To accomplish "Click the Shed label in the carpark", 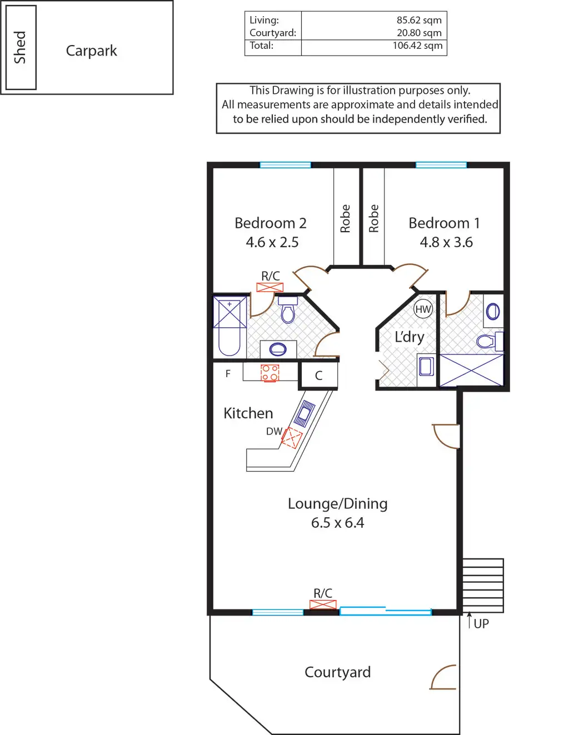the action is point(20,48).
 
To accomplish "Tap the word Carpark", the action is point(91,51).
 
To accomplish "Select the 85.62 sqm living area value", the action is point(419,20).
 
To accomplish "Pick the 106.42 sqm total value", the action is point(417,46).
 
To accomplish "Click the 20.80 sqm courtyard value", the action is point(419,33).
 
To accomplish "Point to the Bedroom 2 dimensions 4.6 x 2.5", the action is point(272,242).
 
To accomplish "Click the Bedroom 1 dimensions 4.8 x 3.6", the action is point(446,242).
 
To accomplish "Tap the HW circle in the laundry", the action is point(423,309).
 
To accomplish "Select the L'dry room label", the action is point(409,337).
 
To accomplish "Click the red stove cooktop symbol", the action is point(270,372).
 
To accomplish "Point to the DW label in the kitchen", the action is point(274,431).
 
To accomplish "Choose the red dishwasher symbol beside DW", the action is point(291,438).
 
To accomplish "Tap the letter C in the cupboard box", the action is point(318,376).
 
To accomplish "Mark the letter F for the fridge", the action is point(228,374).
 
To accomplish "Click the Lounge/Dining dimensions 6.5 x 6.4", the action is point(337,523).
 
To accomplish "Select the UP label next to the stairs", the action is point(481,624).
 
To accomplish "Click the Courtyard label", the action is point(337,672).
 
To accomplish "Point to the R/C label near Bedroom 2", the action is point(271,276).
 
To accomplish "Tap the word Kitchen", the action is point(248,413).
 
